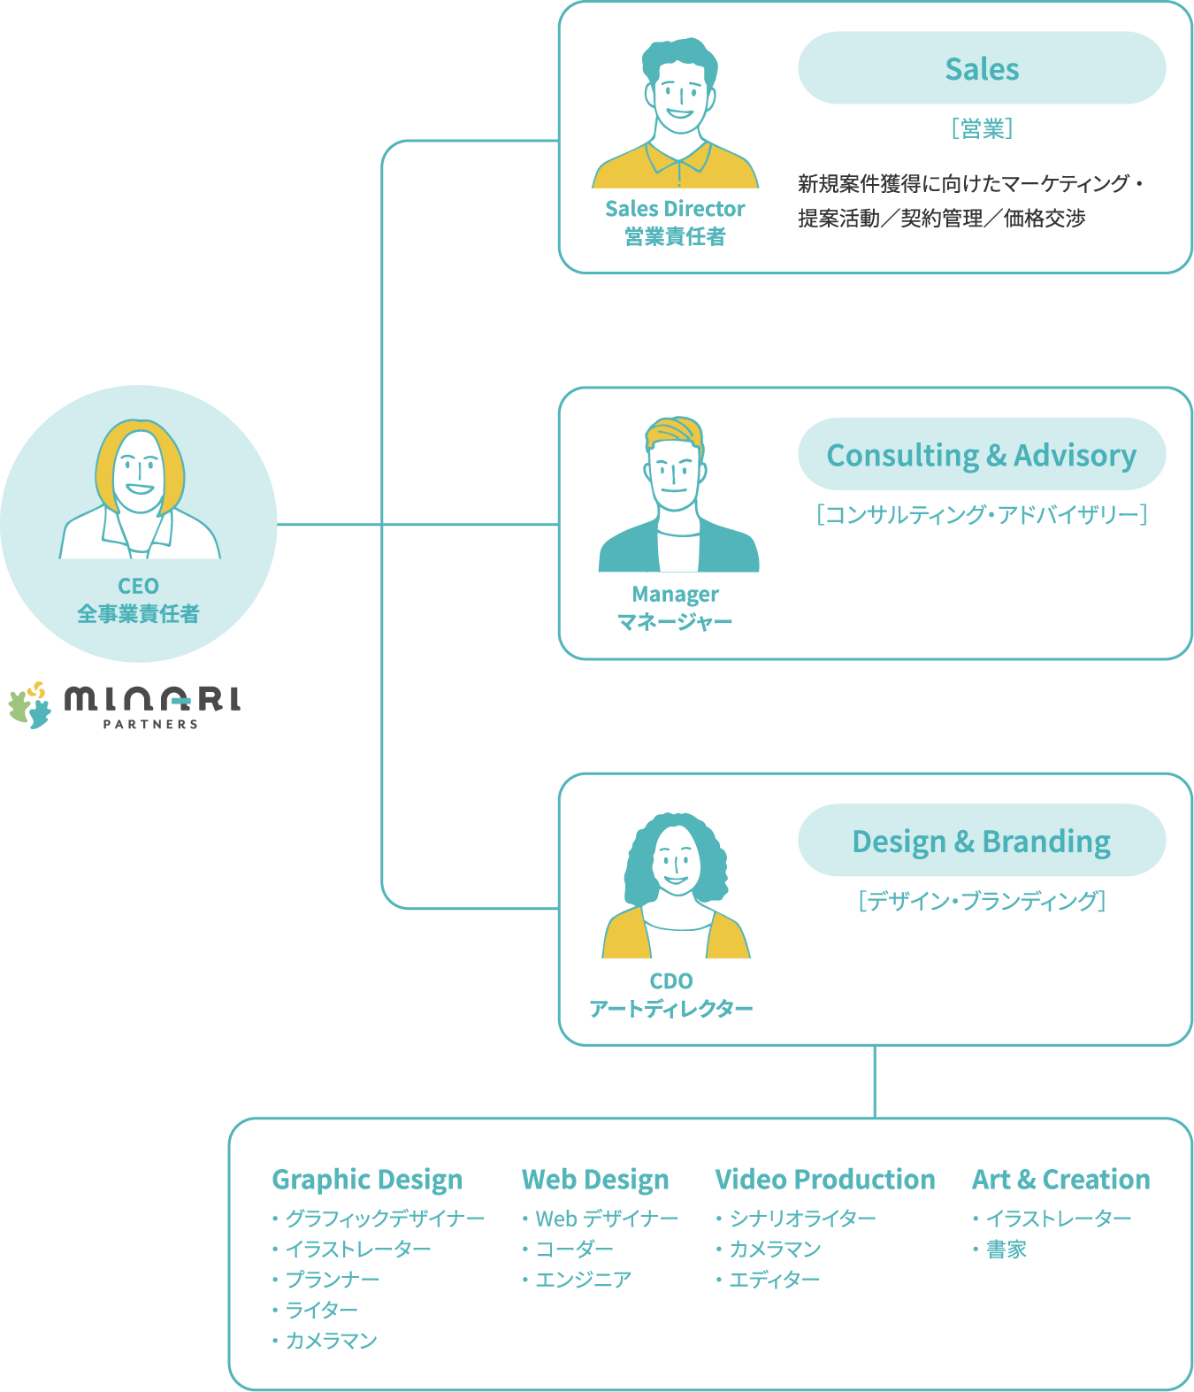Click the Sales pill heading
[982, 69]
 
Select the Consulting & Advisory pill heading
[982, 455]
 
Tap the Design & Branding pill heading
[982, 841]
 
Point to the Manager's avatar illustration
[677, 496]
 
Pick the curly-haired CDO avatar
[676, 885]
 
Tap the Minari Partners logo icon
[29, 704]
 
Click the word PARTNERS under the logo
[150, 724]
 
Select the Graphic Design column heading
[367, 1180]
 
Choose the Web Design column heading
[595, 1180]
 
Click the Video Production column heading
[825, 1180]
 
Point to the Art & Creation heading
[1061, 1180]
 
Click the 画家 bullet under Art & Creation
[1006, 1250]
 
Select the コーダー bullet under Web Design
[574, 1250]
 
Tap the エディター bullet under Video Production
[774, 1280]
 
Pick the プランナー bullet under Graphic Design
[332, 1280]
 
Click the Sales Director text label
[675, 209]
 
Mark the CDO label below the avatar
[671, 981]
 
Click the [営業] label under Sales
[982, 129]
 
